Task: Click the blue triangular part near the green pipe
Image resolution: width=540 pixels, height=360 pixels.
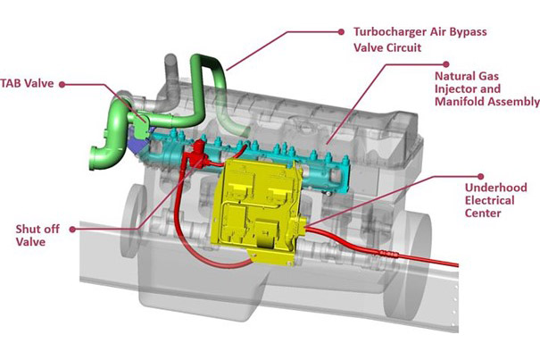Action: [x=137, y=143]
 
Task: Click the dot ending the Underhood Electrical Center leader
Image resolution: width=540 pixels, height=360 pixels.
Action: [x=483, y=176]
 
